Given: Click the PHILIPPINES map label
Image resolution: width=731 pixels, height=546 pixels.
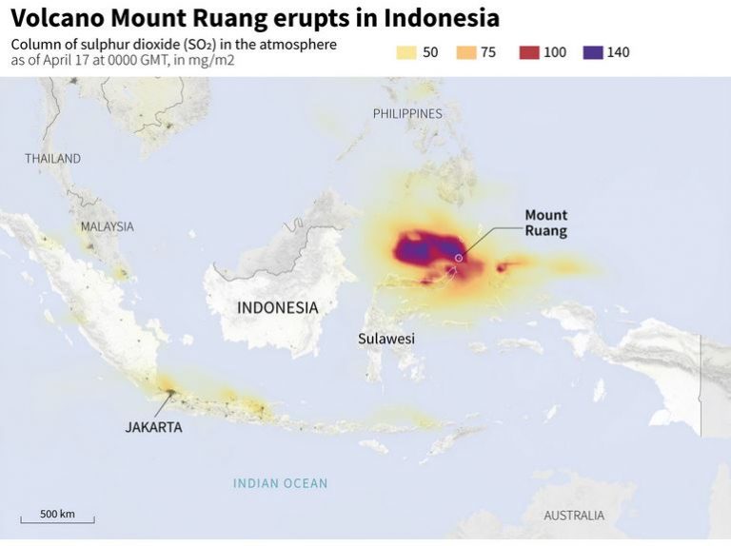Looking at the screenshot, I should tap(407, 113).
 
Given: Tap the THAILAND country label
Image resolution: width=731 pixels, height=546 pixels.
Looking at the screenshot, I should tap(52, 158).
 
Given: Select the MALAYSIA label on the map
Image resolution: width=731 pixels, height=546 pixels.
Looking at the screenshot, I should tap(107, 226).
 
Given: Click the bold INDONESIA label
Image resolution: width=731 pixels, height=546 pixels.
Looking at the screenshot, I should tap(277, 307).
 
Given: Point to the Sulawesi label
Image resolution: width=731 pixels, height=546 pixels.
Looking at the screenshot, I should tap(386, 338).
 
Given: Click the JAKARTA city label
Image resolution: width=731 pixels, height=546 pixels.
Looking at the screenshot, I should tap(153, 427).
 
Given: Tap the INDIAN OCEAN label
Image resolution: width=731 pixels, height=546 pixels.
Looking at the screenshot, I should tap(280, 483).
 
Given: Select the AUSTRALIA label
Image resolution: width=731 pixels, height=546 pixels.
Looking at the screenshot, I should tap(573, 516).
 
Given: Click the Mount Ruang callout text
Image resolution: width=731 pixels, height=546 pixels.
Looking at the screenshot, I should tap(545, 223).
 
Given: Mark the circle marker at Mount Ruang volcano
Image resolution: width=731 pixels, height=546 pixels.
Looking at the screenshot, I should tap(459, 258).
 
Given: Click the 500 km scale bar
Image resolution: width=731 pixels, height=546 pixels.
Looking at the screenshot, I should tap(57, 519).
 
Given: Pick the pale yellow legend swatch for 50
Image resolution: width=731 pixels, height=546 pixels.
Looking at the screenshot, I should tap(405, 52).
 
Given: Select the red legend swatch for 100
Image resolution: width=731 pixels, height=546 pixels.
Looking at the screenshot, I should tap(529, 52).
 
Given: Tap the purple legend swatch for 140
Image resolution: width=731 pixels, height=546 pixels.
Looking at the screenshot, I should tap(593, 52).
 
